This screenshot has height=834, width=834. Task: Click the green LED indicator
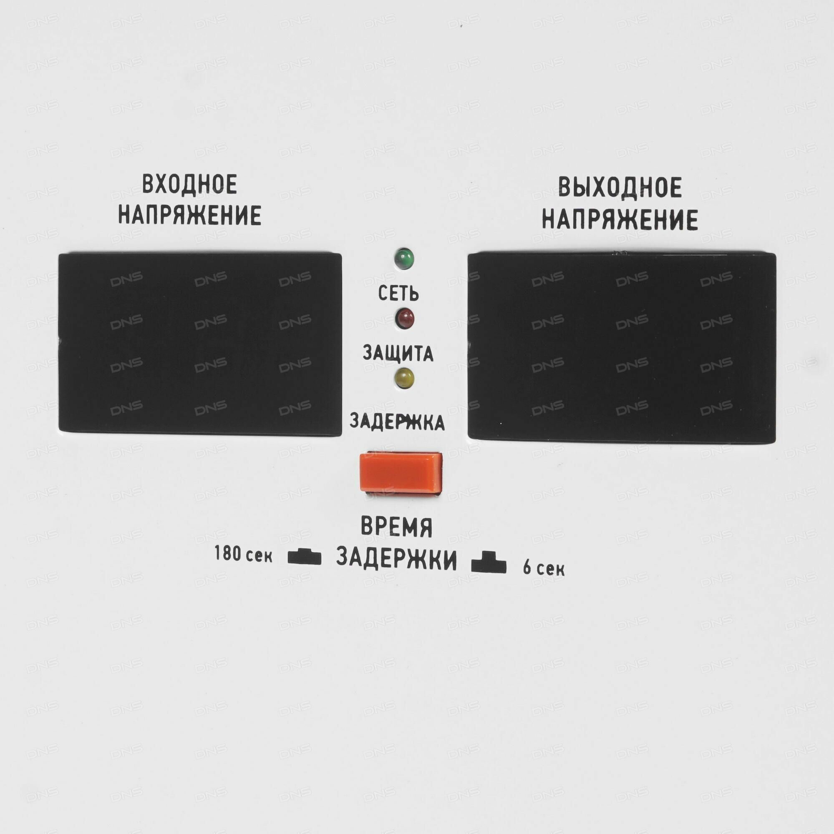click(x=404, y=258)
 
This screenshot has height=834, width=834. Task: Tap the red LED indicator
click(x=404, y=319)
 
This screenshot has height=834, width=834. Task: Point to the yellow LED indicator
click(x=404, y=378)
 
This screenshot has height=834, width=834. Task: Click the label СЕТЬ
click(x=398, y=294)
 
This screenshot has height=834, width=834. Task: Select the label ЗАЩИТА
click(x=398, y=353)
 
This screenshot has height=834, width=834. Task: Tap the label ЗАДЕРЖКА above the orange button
click(x=397, y=421)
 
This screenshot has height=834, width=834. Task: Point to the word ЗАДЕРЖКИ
click(x=396, y=559)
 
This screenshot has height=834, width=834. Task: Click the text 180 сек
click(x=244, y=554)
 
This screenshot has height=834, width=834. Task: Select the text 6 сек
click(x=543, y=568)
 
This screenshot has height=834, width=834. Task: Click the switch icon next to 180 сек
click(x=305, y=557)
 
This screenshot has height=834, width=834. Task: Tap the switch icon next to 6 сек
click(x=489, y=563)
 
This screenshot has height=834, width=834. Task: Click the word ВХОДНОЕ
click(x=189, y=184)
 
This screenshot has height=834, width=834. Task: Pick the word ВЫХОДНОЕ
click(x=620, y=187)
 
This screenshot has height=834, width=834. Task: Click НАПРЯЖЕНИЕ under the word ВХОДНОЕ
click(x=189, y=215)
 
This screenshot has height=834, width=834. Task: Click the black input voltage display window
click(x=200, y=344)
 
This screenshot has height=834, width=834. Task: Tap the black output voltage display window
click(x=622, y=347)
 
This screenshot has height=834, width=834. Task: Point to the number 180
click(x=228, y=553)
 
